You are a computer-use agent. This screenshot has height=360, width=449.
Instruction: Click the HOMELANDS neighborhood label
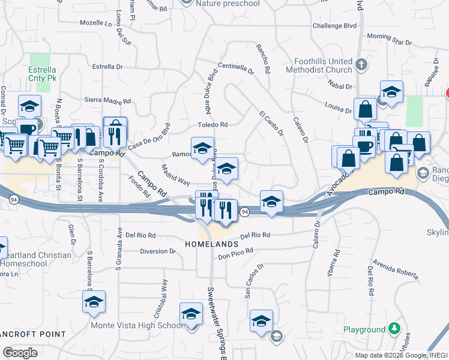pyautogui.click(x=212, y=244)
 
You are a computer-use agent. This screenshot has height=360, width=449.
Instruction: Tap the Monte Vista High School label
pyautogui.click(x=137, y=326)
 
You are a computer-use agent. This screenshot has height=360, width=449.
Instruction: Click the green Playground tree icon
pyautogui.click(x=394, y=329)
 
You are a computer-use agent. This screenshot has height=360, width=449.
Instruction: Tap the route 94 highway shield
pyautogui.click(x=245, y=212)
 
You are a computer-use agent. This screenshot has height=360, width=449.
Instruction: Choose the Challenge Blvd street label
pyautogui.click(x=335, y=26)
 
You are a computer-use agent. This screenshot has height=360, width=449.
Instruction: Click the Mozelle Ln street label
pyautogui.click(x=96, y=23)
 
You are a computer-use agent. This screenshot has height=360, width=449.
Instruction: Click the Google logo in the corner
pyautogui.click(x=20, y=353)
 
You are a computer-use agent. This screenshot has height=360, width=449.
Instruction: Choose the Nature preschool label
pyautogui.click(x=229, y=4)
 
